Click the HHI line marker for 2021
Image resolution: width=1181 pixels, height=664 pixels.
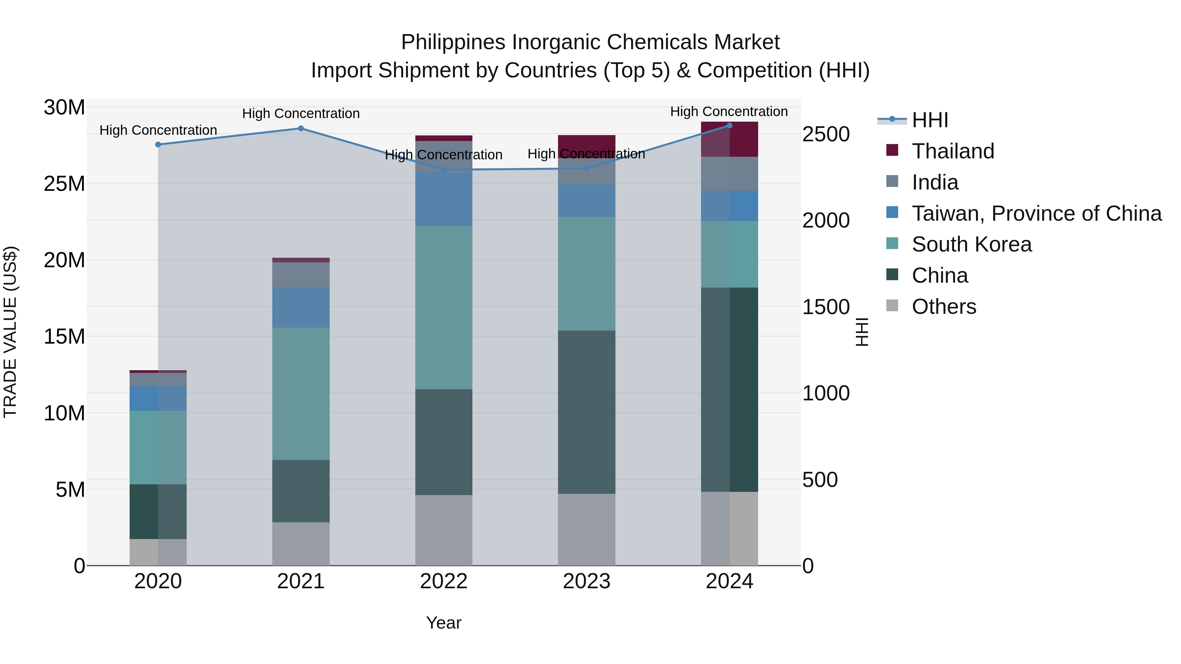pos(301,128)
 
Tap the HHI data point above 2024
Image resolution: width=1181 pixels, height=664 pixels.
pos(729,125)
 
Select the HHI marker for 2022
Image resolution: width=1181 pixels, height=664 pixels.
pos(443,170)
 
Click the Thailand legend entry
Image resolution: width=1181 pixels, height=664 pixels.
pos(953,151)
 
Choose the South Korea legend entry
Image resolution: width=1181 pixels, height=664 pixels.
pos(971,244)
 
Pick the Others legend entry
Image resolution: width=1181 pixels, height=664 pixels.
pos(943,307)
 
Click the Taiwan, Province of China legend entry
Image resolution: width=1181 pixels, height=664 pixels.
pos(1036,213)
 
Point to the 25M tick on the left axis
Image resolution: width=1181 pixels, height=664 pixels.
pos(64,184)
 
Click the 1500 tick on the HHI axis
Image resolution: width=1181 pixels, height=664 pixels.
pos(826,307)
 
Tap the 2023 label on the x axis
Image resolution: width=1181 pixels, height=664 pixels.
pos(586,581)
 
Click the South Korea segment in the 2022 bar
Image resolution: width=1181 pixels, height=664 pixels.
pos(443,307)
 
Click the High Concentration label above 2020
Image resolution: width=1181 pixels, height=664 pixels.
pos(158,130)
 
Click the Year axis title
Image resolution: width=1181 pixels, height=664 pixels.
pos(443,623)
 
